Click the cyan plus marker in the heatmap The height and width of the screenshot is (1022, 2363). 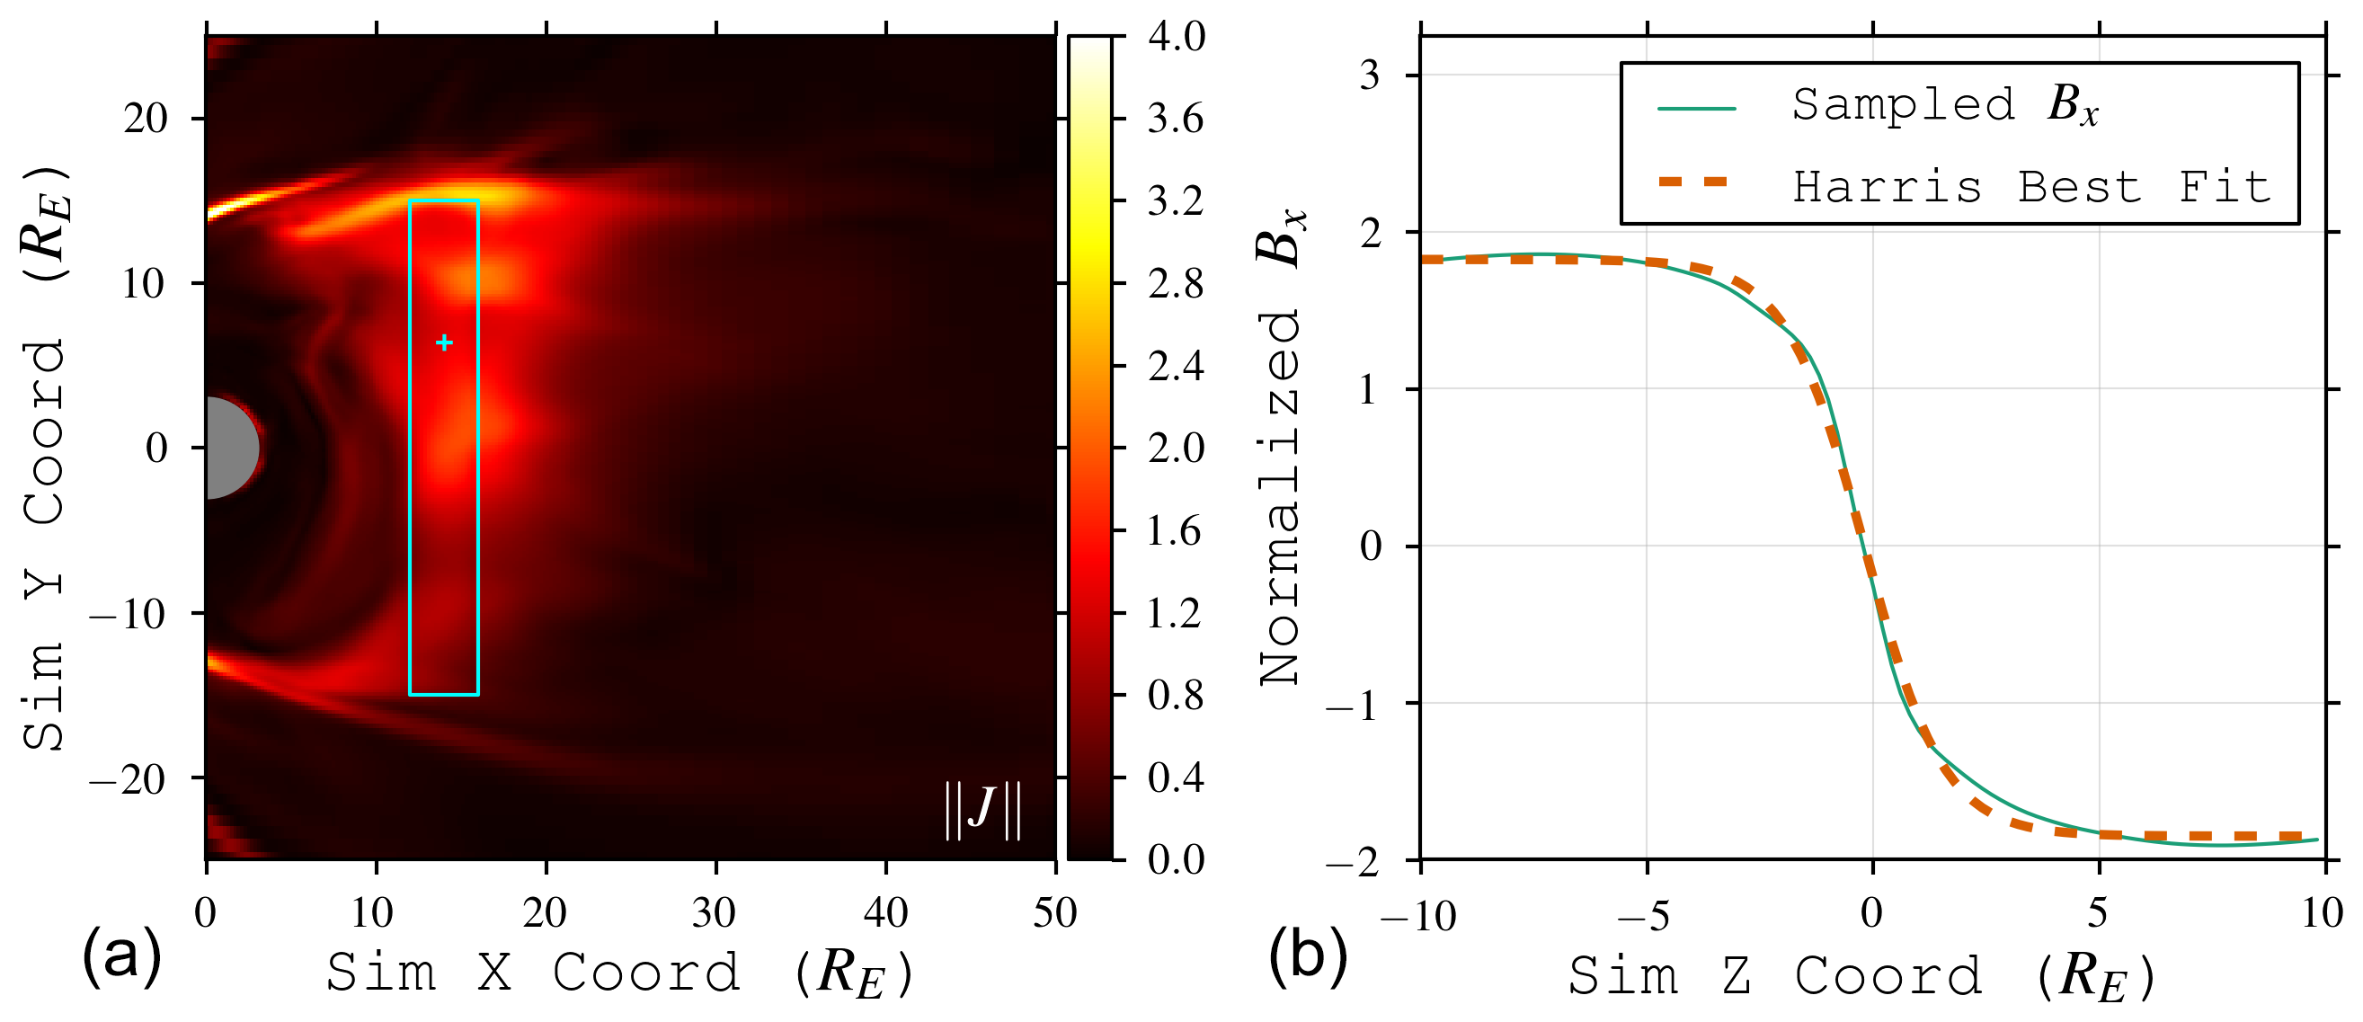444,343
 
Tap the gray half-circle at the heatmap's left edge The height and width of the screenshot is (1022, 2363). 229,448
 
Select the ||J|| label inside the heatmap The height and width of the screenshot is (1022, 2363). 982,809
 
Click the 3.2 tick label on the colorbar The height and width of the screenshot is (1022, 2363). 1175,201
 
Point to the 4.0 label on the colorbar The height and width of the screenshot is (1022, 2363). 1176,37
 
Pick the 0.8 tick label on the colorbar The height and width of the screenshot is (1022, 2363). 1175,696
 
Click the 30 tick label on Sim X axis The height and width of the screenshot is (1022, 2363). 715,913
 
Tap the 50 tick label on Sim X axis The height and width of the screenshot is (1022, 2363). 1054,913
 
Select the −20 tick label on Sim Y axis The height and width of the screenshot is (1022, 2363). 129,779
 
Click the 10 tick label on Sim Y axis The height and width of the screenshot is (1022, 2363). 145,283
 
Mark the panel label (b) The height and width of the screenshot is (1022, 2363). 1308,954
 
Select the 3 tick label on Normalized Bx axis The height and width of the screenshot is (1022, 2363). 1370,76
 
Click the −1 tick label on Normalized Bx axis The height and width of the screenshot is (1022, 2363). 1354,705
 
